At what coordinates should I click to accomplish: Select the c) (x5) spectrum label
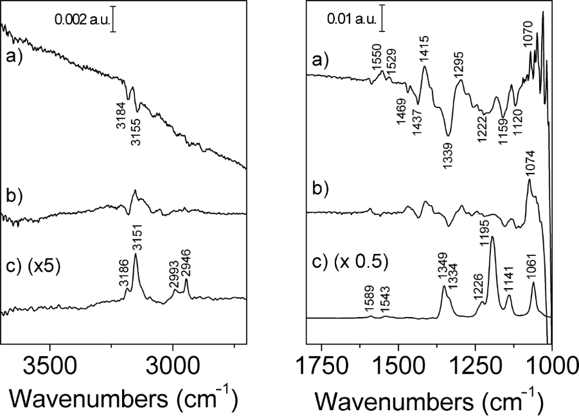[x=33, y=265]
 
